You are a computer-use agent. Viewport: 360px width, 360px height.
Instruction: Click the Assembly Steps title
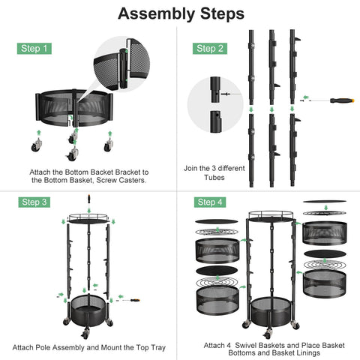pyautogui.click(x=181, y=13)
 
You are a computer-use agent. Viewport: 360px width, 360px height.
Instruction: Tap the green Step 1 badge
pyautogui.click(x=34, y=49)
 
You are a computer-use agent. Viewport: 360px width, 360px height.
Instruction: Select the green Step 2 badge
pyautogui.click(x=211, y=49)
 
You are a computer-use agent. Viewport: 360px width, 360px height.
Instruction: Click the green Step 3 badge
pyautogui.click(x=34, y=202)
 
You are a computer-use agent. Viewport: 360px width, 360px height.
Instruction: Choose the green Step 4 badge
pyautogui.click(x=211, y=202)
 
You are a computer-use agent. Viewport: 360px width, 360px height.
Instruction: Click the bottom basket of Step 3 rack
pyautogui.click(x=89, y=313)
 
